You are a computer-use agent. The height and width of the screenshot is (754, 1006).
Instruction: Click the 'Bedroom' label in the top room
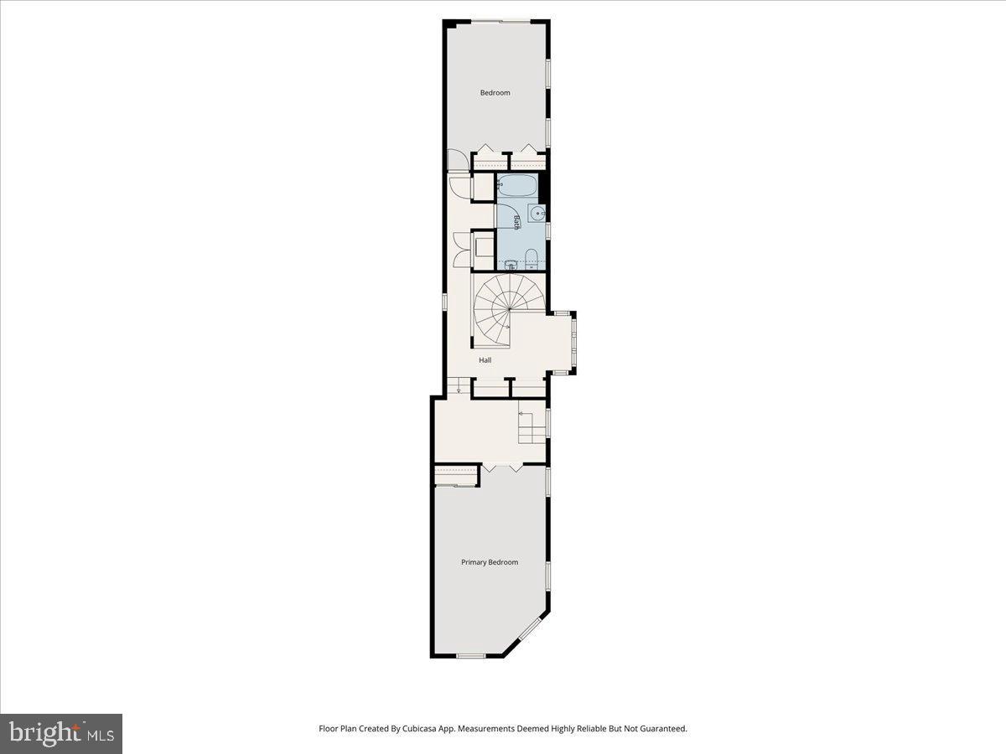click(x=495, y=93)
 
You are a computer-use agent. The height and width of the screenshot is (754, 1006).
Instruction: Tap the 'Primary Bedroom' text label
click(x=490, y=562)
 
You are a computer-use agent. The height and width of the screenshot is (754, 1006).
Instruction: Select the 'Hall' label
click(x=485, y=360)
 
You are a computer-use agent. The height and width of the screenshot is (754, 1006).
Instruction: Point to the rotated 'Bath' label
click(x=517, y=221)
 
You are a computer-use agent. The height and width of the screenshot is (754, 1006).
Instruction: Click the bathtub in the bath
click(x=517, y=186)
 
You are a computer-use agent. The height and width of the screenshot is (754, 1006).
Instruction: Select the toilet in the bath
click(x=532, y=256)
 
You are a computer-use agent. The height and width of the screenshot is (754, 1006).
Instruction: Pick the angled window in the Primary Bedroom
click(x=532, y=629)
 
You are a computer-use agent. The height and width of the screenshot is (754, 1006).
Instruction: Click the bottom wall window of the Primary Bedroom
click(x=471, y=655)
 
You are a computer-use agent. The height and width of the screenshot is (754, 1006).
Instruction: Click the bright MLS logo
click(x=61, y=734)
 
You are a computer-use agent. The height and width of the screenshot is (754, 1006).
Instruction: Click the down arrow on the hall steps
click(x=459, y=390)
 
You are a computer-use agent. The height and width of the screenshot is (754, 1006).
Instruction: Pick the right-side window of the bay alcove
click(x=574, y=342)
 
